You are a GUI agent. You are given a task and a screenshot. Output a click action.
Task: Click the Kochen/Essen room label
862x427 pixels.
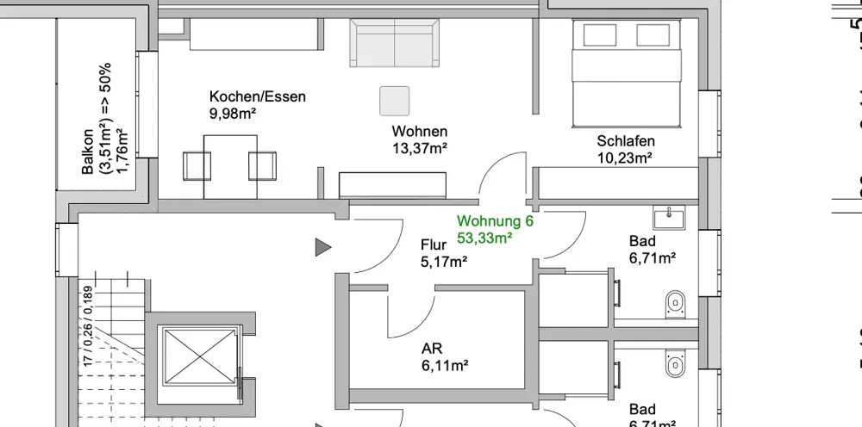[x=257, y=97]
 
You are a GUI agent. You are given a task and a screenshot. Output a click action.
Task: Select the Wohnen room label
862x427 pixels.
[x=420, y=132]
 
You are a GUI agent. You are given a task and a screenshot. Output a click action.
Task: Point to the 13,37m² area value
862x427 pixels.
[x=420, y=147]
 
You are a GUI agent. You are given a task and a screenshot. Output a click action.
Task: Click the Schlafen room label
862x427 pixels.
[x=626, y=141]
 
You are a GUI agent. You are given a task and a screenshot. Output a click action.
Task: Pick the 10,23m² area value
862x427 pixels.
[x=624, y=158]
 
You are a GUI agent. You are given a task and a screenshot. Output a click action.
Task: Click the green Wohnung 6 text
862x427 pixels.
[x=495, y=221]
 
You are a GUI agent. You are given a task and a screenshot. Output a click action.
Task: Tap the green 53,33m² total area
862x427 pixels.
[x=485, y=238]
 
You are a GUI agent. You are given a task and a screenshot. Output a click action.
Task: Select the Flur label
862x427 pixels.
[x=433, y=245]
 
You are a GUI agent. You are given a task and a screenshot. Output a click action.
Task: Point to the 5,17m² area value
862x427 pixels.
[x=444, y=262]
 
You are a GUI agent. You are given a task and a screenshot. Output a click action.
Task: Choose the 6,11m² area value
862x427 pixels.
[x=444, y=366]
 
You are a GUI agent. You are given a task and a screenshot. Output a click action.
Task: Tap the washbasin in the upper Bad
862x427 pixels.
[x=668, y=217]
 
